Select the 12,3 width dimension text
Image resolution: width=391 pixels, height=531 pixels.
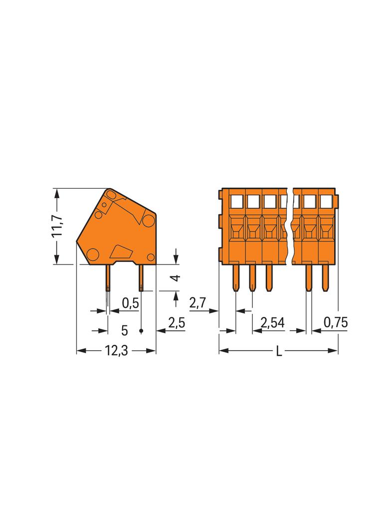[x=116, y=351]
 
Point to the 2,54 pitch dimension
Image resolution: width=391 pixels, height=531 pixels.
[x=272, y=323]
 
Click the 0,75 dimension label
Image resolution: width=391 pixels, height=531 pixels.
[x=335, y=323]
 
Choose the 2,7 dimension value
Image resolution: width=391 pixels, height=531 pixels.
[x=198, y=302]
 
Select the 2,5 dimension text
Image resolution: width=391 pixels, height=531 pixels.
[x=176, y=323]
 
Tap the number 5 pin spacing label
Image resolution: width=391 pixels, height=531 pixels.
[x=125, y=330]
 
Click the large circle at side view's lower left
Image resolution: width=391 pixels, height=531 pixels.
[x=92, y=255]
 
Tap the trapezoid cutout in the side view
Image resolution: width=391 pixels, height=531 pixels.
[x=121, y=251]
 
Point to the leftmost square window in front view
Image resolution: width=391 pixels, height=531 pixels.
[x=236, y=201]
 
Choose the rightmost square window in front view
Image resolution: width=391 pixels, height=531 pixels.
[x=326, y=201]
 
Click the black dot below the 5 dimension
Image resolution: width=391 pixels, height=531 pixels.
[x=141, y=331]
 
